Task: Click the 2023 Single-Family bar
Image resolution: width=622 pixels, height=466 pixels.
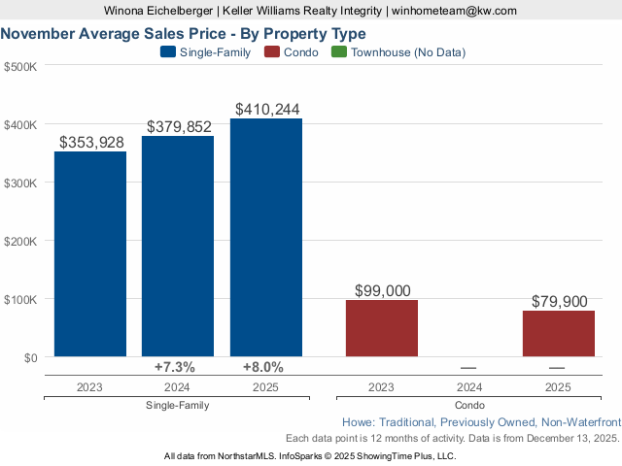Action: pos(89,253)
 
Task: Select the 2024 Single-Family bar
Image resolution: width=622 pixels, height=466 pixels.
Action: pos(178,246)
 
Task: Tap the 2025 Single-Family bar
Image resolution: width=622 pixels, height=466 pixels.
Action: pos(266,237)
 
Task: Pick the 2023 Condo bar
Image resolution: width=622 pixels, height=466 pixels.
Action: pos(382,328)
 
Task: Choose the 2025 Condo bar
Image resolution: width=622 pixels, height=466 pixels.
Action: pos(558,333)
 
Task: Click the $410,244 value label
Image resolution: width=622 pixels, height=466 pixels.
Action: pos(266,110)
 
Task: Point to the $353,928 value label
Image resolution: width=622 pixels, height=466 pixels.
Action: pos(91,143)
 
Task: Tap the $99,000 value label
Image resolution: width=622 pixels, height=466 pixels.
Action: pos(382,290)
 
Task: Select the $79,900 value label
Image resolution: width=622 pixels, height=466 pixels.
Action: pos(559,302)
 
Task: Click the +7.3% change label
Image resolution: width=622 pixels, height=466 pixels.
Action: pos(175,367)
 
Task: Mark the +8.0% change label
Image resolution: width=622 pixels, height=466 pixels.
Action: pos(263,367)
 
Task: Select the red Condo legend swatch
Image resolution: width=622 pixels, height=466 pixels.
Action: pos(271,52)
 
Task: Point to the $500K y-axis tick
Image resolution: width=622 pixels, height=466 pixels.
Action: pos(20,66)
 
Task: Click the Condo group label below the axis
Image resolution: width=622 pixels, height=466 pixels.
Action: pos(469,405)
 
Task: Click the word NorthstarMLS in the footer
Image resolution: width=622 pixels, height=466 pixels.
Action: pos(238,455)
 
